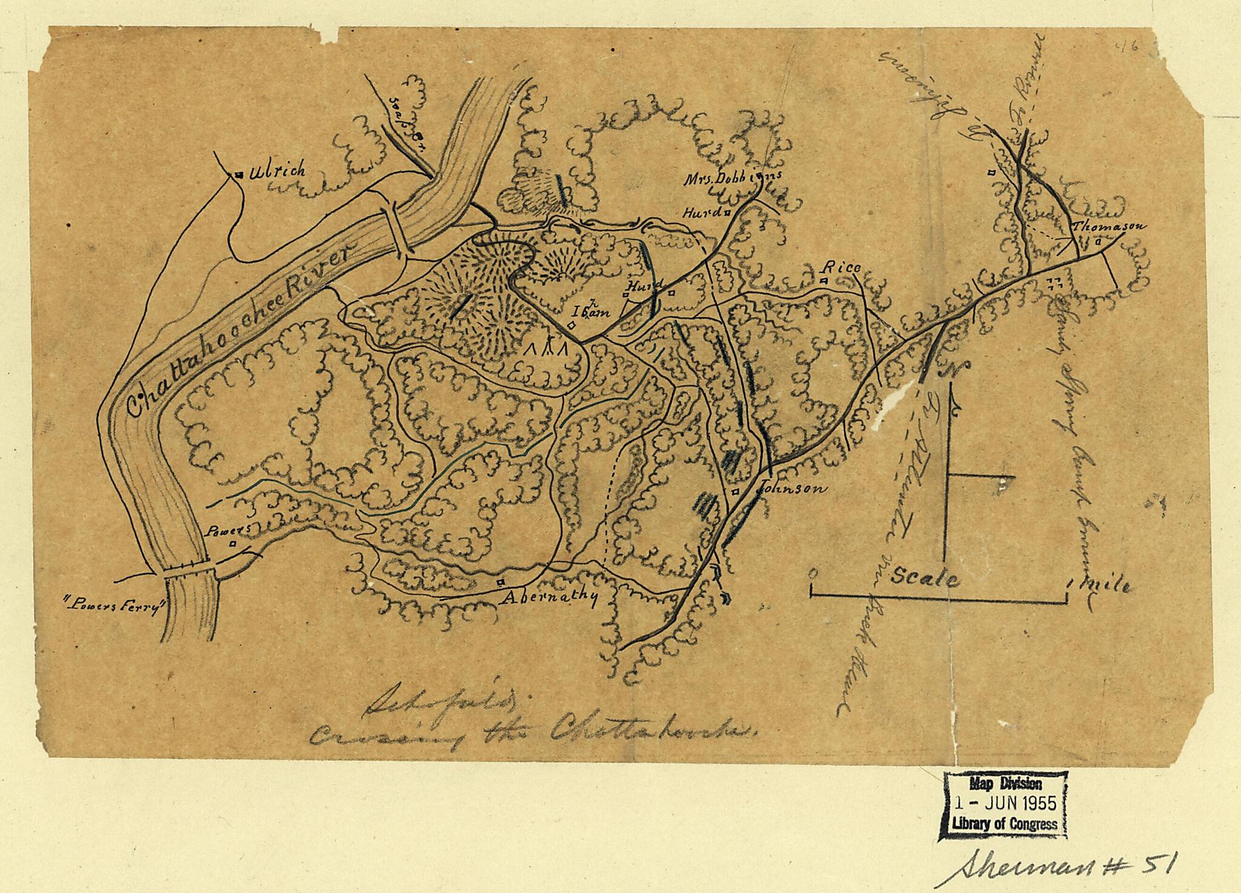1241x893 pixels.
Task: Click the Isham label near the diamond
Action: [x=591, y=311]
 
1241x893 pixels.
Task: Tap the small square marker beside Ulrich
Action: [x=239, y=175]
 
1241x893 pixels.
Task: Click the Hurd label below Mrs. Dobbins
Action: [x=702, y=213]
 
